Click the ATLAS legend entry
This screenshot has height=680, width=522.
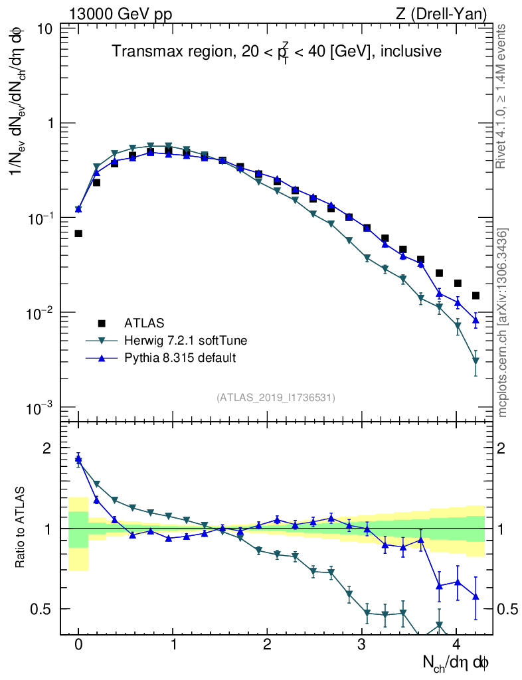(143, 323)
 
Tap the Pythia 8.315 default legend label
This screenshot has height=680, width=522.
(180, 358)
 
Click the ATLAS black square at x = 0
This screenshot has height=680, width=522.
(78, 233)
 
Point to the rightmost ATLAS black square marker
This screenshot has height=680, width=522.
(476, 296)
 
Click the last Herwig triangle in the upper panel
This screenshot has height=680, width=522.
(476, 361)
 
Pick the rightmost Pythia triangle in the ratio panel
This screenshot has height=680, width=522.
(476, 596)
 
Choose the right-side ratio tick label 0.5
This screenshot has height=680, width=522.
(506, 609)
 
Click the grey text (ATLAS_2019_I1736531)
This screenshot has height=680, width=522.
(276, 397)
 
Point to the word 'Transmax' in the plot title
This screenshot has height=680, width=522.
(139, 51)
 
